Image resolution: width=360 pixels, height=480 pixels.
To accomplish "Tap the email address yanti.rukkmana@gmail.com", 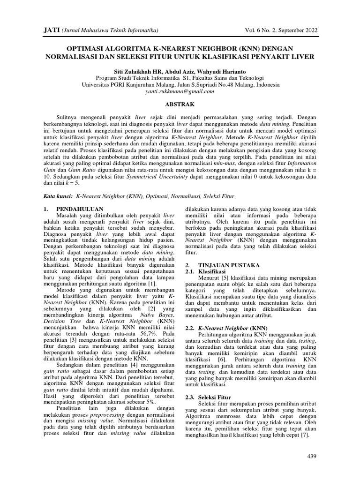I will pos(180,92).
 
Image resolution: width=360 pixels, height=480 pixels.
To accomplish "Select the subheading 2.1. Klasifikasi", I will pos(206,271).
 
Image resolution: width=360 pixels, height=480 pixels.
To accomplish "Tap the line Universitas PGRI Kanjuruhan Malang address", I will pos(180,85).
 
